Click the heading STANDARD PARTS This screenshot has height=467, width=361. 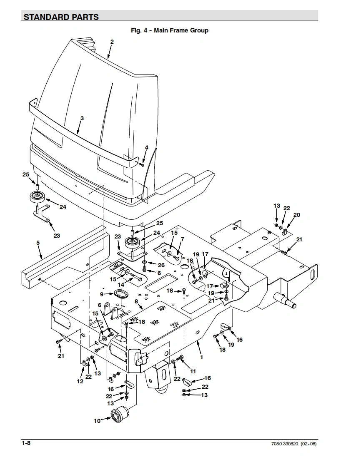[x=61, y=17]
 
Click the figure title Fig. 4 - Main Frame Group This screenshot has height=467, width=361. [x=170, y=30]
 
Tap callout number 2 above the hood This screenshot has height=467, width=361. [x=112, y=42]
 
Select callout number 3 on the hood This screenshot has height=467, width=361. [x=82, y=118]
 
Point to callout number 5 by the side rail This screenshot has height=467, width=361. [x=38, y=243]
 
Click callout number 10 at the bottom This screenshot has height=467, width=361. [x=97, y=421]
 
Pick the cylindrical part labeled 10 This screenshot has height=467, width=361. [x=119, y=414]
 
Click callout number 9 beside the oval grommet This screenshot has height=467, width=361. [x=101, y=294]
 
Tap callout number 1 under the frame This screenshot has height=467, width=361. [x=201, y=357]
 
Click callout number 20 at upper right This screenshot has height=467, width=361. [x=296, y=215]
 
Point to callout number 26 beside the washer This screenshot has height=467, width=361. [x=161, y=265]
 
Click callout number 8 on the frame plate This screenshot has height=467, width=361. [x=136, y=301]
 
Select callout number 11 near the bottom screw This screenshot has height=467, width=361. [x=193, y=371]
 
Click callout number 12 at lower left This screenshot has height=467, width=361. [x=80, y=381]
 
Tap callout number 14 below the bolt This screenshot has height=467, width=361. [x=121, y=285]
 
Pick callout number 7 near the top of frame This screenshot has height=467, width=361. [x=182, y=239]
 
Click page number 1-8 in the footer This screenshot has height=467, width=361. [x=26, y=443]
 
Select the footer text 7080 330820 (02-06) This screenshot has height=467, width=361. [x=294, y=444]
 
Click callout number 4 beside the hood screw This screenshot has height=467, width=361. [x=146, y=147]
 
